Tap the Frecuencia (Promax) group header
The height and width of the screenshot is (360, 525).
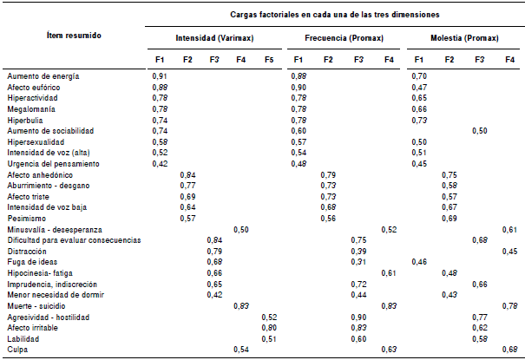point(336,39)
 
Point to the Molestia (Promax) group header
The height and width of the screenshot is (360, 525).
point(461,39)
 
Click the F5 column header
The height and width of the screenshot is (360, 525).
point(269,59)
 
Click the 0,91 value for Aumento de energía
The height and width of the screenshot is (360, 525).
point(160,76)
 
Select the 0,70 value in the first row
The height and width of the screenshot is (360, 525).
point(419,76)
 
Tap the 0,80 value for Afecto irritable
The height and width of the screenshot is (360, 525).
point(269,328)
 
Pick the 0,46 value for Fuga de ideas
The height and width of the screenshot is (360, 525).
point(419,262)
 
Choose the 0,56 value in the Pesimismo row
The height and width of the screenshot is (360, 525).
point(328,218)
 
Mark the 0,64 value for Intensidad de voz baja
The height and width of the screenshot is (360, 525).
point(187,207)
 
